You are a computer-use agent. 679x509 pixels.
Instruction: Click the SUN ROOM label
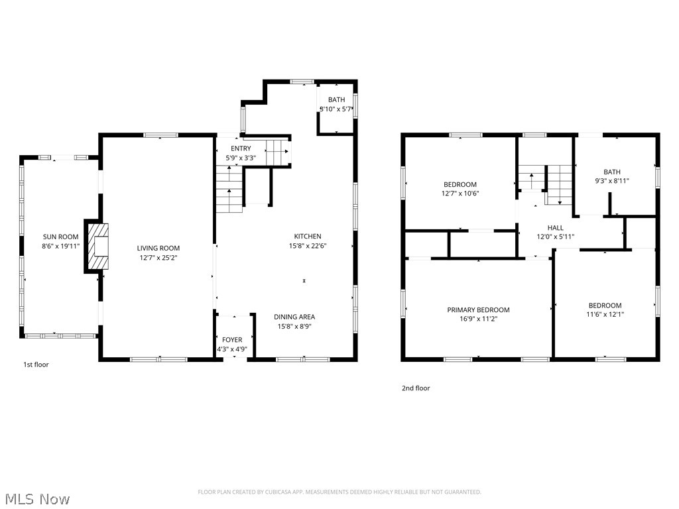pos(60,237)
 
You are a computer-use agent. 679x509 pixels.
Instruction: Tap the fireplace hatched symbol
pos(97,247)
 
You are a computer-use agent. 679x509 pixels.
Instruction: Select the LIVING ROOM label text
pos(158,248)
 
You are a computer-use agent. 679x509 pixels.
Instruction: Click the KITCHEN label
pos(308,236)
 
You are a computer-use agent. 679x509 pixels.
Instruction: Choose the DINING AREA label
pos(294,317)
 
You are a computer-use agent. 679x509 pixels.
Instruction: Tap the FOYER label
pos(232,339)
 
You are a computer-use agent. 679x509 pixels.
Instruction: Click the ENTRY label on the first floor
pos(241,148)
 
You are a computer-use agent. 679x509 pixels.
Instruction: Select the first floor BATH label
pos(336,100)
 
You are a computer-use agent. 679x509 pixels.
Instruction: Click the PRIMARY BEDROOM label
pos(478,310)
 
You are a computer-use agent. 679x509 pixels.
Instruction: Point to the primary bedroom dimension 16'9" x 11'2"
pos(478,319)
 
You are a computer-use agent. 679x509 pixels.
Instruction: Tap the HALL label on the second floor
pos(555,227)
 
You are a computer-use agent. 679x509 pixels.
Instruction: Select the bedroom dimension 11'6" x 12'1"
pos(605,315)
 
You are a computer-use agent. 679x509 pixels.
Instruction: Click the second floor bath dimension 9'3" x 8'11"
pos(611,181)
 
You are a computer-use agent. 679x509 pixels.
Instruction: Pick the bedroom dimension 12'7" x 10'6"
pos(460,194)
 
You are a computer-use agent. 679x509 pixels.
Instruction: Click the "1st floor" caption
pos(36,365)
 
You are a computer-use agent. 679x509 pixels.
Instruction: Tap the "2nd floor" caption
pos(416,388)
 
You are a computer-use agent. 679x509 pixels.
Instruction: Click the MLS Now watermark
pos(36,498)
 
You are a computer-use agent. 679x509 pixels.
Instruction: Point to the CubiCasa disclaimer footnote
pos(339,492)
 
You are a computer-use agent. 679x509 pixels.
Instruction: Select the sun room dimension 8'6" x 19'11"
pos(60,246)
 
